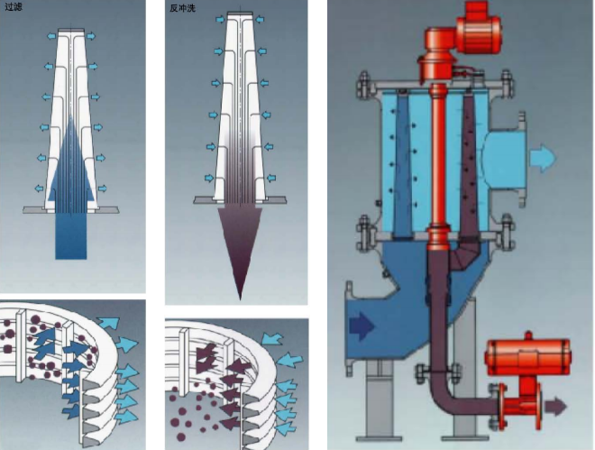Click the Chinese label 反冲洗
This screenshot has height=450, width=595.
coord(182,8)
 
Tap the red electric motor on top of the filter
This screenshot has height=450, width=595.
coord(484,24)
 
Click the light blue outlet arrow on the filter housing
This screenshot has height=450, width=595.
coord(542,159)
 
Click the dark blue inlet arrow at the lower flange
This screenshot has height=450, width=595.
coord(362,324)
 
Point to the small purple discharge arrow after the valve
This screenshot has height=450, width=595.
coord(557,407)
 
